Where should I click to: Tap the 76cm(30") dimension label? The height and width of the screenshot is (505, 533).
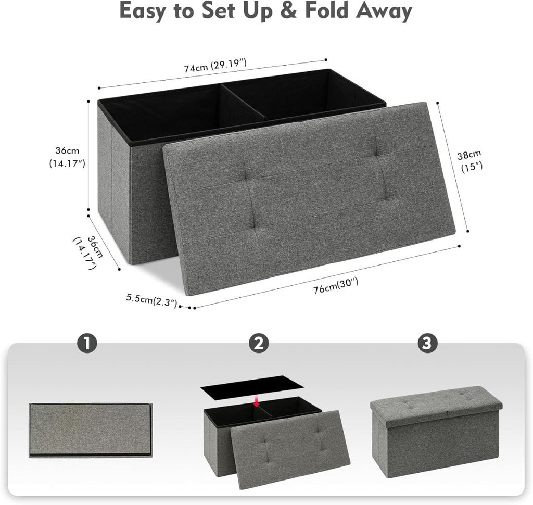pos(336,285)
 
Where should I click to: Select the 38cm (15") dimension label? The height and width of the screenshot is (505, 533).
pos(469,161)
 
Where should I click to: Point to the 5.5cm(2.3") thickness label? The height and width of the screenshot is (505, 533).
pos(151,300)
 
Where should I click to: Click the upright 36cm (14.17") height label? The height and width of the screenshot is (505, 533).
pos(67,157)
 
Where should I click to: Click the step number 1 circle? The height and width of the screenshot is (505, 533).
pos(87,344)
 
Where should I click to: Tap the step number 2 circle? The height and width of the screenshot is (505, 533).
pos(259,344)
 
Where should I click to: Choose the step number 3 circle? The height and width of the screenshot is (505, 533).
pos(427,344)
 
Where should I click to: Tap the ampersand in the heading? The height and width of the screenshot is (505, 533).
pos(288,11)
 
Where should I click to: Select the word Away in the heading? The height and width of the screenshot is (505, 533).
pos(384,12)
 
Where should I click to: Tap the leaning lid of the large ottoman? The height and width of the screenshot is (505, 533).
pos(309,198)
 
